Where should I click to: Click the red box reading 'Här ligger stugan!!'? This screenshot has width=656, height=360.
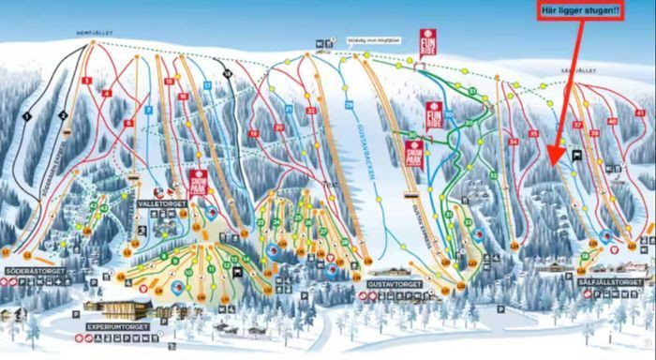tap(578, 11)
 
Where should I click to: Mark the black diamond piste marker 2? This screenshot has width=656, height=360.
tap(62, 115)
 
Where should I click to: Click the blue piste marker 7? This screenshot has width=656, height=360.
tap(149, 111)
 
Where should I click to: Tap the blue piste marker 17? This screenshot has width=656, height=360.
tap(207, 85)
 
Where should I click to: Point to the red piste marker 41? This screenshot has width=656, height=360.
tap(612, 122)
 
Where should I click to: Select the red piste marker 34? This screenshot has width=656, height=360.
tap(513, 142)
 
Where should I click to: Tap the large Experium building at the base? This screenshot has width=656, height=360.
tap(117, 307)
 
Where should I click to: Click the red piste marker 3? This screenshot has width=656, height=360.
tap(86, 82)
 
